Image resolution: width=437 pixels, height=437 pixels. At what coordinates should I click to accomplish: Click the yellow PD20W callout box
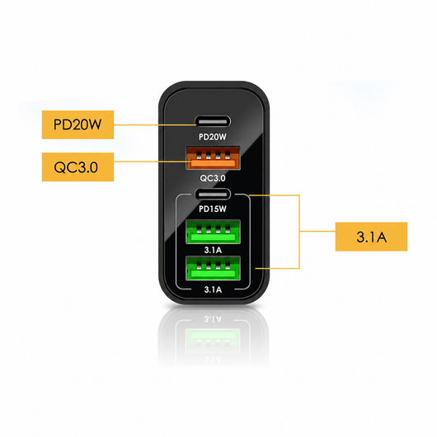(x=78, y=125)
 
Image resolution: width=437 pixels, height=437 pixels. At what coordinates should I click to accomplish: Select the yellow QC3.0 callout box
(x=78, y=167)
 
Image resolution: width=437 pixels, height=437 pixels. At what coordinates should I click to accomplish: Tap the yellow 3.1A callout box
(x=371, y=237)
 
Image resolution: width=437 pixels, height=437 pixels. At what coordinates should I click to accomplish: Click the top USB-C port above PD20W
(x=214, y=122)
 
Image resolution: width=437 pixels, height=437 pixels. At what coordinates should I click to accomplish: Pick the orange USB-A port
(x=214, y=158)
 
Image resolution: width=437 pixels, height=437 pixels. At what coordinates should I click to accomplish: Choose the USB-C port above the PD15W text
(x=214, y=195)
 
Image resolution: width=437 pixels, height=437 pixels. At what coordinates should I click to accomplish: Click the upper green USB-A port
(x=214, y=232)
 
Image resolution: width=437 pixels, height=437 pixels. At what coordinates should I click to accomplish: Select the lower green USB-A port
(x=214, y=269)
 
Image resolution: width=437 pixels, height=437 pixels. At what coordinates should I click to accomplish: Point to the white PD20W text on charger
(x=213, y=137)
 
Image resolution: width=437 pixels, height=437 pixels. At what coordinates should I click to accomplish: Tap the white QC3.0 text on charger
(x=213, y=178)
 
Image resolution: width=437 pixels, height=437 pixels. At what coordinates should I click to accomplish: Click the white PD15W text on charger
(x=213, y=209)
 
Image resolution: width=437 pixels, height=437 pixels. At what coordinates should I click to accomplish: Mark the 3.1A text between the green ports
(x=213, y=250)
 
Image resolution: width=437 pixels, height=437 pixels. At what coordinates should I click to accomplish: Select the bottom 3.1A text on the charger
(x=213, y=289)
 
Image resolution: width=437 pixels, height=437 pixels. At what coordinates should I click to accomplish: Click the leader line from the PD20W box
(x=156, y=125)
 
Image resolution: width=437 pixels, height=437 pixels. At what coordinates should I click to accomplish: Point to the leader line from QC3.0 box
(x=153, y=162)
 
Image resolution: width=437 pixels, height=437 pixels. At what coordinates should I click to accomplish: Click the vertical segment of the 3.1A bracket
(x=299, y=232)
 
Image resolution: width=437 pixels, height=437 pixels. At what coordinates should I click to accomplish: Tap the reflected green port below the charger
(x=213, y=336)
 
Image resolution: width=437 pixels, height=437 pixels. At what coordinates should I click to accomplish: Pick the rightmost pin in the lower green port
(x=228, y=265)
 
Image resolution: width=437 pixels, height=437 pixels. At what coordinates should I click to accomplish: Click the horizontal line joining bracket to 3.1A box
(x=317, y=231)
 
